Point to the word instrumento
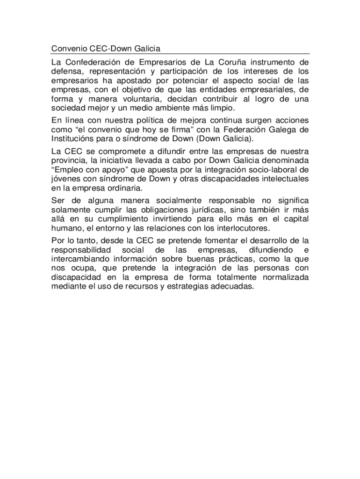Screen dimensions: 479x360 click(276, 62)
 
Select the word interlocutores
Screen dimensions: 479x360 click(239, 228)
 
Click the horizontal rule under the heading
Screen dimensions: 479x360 click(180, 54)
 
